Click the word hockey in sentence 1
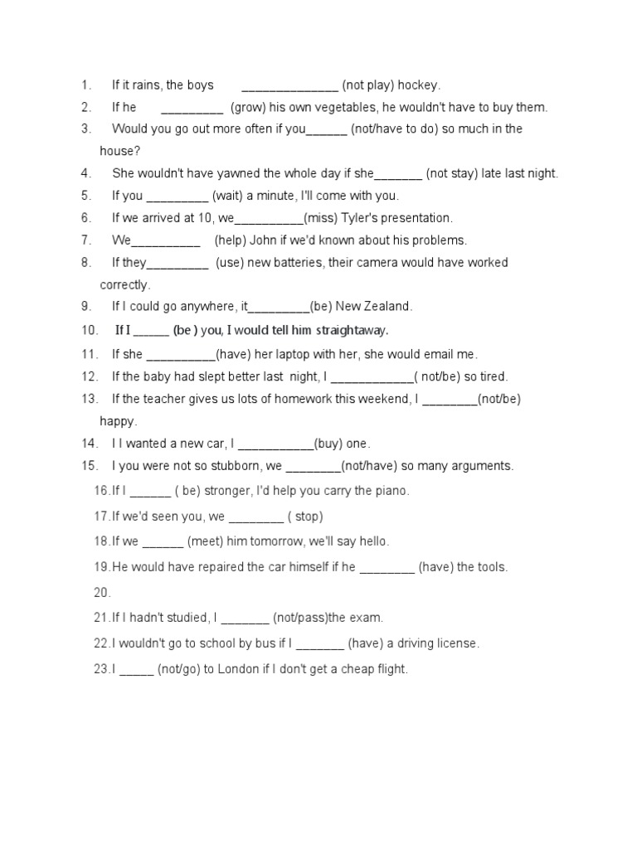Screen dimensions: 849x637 pyautogui.click(x=418, y=85)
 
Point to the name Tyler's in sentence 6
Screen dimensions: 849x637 pyautogui.click(x=357, y=219)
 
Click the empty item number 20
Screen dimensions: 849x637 pyautogui.click(x=102, y=593)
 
